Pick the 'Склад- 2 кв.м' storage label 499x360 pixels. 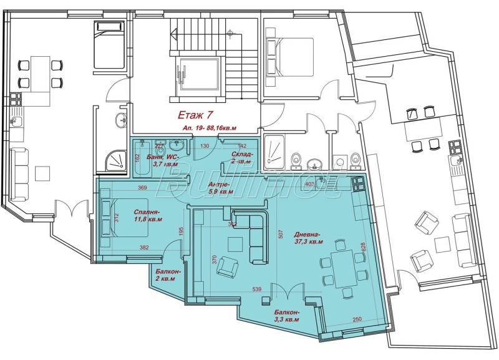tap(243, 157)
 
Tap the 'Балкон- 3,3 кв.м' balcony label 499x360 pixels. tap(286, 315)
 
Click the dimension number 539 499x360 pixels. tap(257, 290)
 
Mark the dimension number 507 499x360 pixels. tap(281, 236)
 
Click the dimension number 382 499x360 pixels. tap(145, 248)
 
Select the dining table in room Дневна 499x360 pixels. tap(342, 265)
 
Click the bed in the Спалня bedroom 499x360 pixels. tap(125, 218)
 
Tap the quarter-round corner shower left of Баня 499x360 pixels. tap(114, 161)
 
